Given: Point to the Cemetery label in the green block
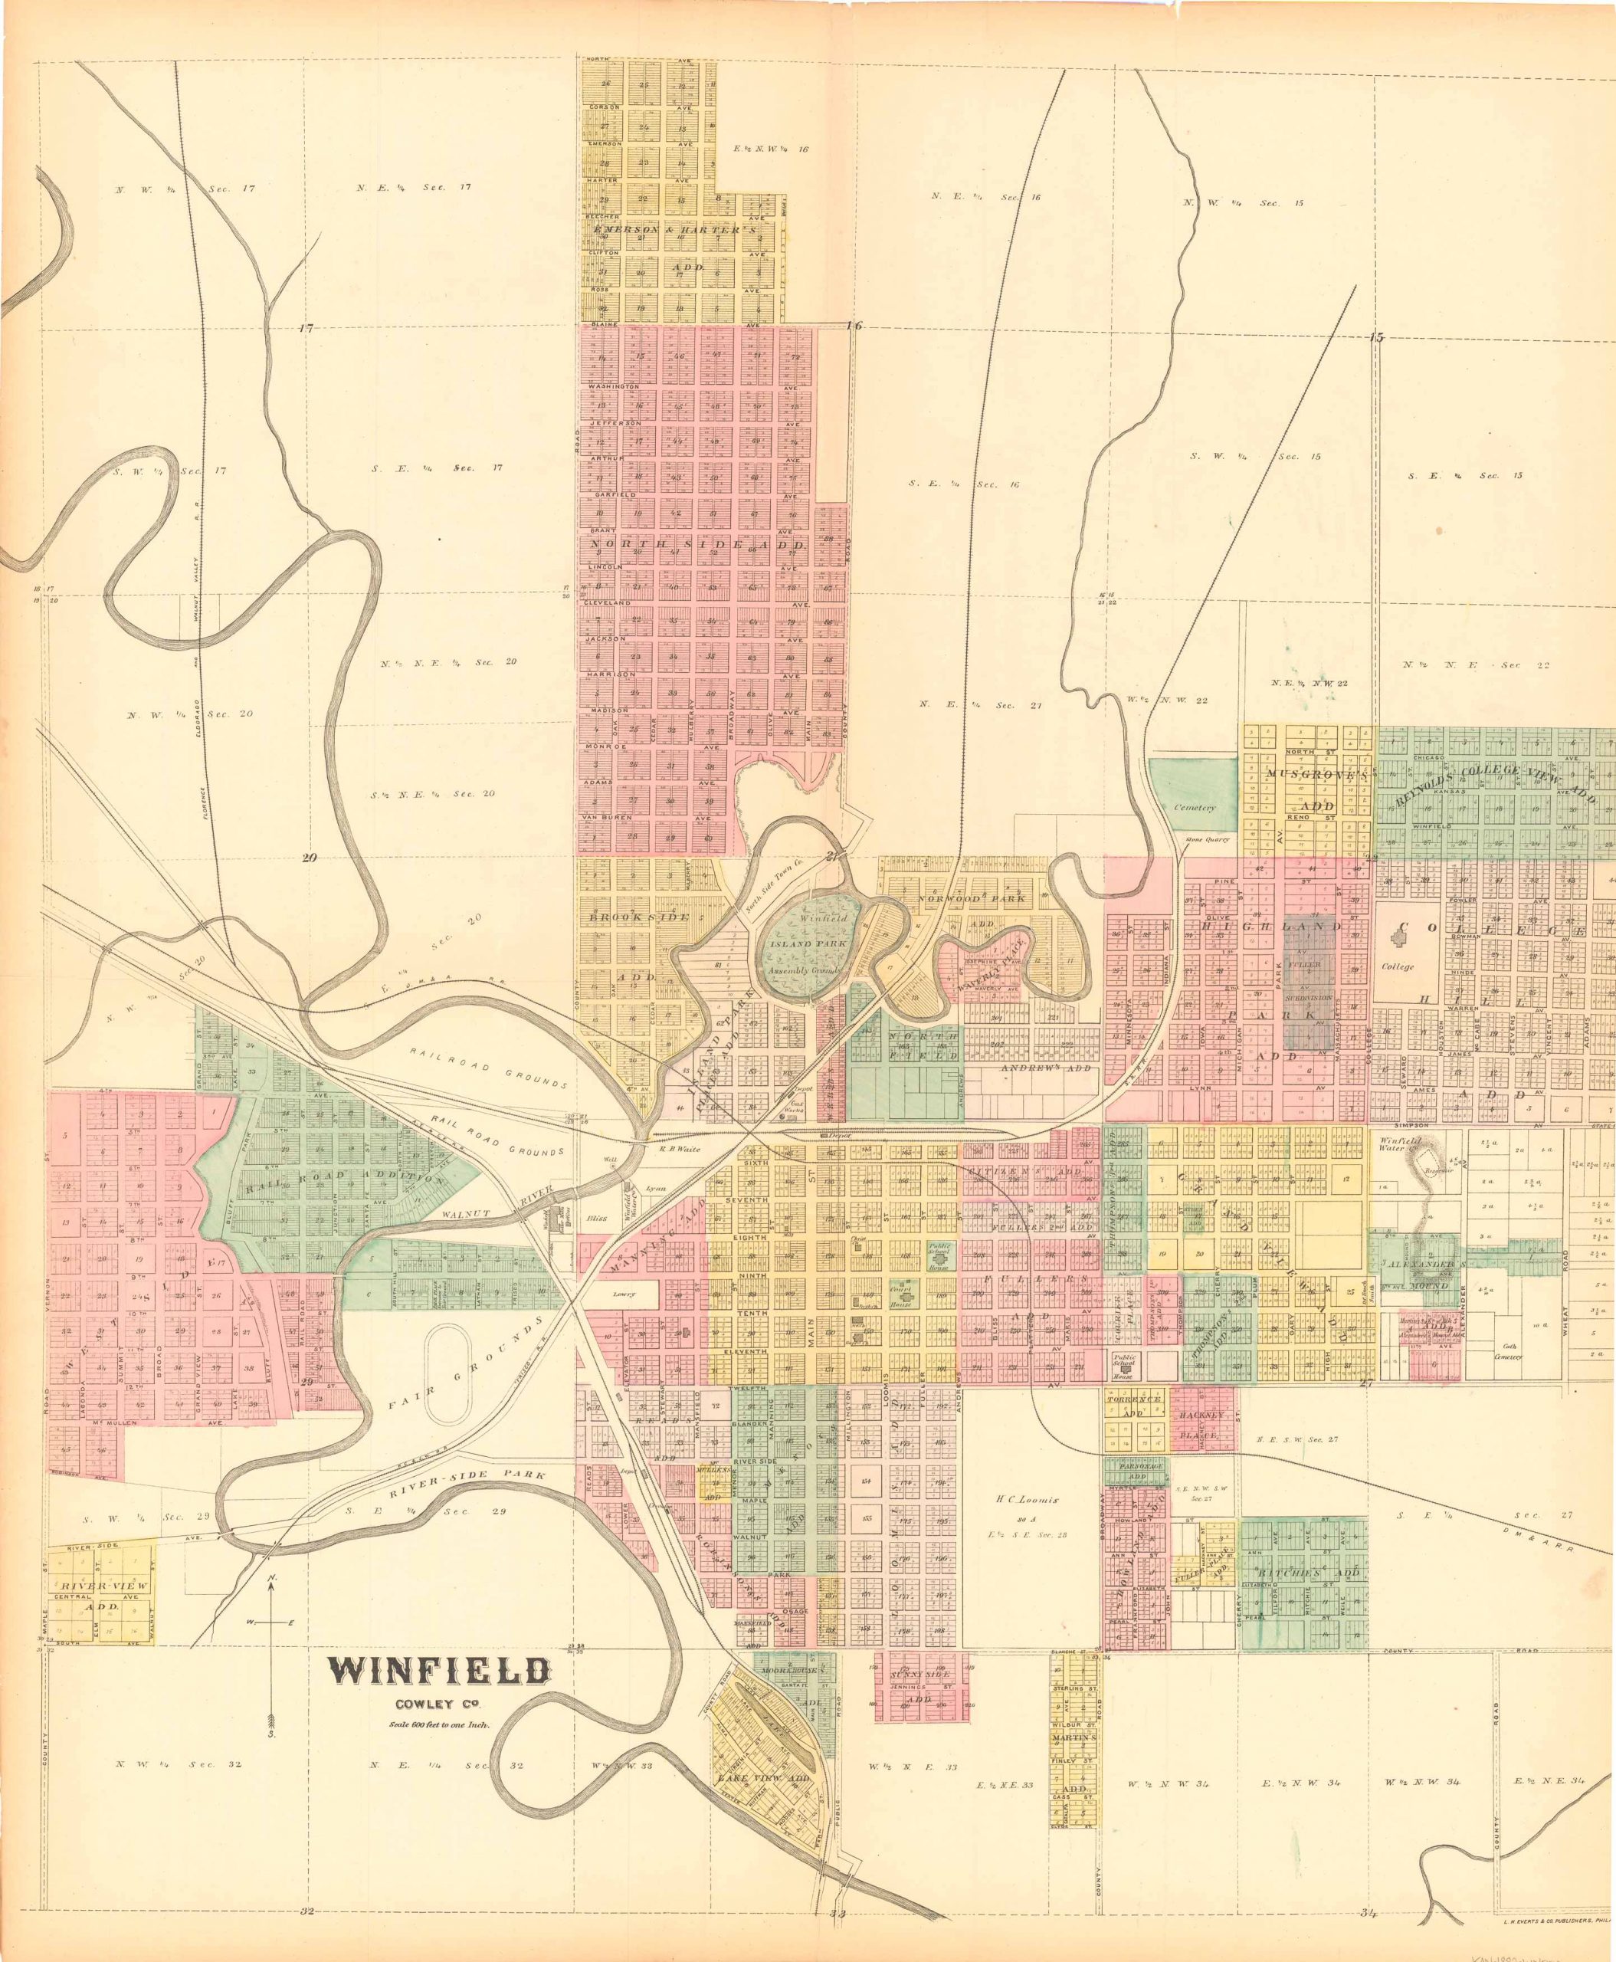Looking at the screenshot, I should tap(1195, 809).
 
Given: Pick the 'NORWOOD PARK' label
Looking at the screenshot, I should tap(971, 898).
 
